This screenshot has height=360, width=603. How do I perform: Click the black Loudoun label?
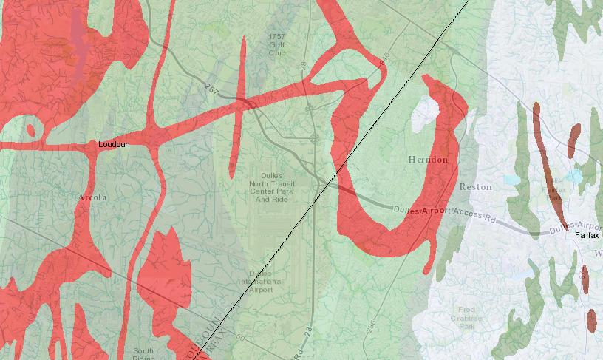click(x=114, y=144)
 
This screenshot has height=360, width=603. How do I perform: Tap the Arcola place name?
click(x=93, y=197)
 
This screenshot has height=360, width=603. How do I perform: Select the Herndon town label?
click(x=428, y=160)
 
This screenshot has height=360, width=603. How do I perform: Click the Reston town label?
click(x=475, y=187)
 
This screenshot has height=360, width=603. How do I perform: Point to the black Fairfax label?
click(x=587, y=235)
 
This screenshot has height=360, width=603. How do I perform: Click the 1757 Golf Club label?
click(x=276, y=44)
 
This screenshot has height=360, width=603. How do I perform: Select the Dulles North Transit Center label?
click(x=270, y=187)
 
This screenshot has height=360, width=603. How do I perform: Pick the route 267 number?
click(x=212, y=90)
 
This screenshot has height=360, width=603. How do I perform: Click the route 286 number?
click(x=370, y=325)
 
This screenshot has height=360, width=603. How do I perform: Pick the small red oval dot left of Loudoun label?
click(x=30, y=130)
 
